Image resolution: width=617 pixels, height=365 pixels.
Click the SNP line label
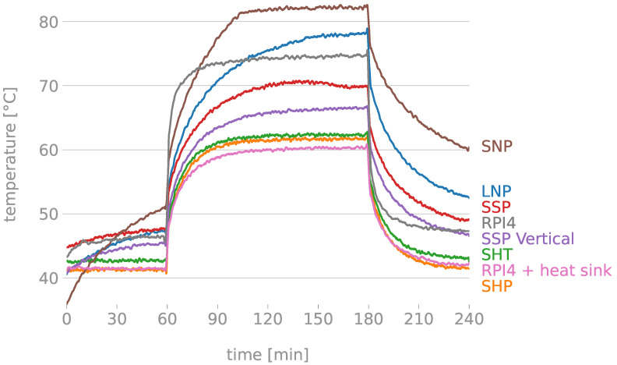[x=496, y=146]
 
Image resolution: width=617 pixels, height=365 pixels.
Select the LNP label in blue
[x=496, y=191]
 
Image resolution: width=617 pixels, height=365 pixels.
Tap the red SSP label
[x=496, y=207]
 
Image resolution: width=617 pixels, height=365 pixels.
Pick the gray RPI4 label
[x=499, y=223]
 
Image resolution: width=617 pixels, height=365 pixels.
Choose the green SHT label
[x=496, y=254]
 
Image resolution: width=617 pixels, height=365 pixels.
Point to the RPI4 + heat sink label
[x=546, y=271]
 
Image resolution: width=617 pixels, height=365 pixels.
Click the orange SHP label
[x=496, y=286]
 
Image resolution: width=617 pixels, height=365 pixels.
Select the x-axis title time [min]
[x=267, y=355]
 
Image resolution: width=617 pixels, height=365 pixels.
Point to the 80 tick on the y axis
[x=49, y=22]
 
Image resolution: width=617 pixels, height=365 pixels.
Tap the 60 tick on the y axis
[x=49, y=150]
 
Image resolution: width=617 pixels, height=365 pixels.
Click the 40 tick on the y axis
[x=49, y=278]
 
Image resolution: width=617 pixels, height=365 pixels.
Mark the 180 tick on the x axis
[x=368, y=319]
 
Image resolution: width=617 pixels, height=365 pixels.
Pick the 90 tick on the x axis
[x=217, y=319]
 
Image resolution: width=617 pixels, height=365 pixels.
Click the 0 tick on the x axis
[x=66, y=319]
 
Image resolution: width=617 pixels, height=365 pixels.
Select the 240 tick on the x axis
[x=468, y=319]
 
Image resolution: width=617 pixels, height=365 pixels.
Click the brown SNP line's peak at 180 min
[x=367, y=6]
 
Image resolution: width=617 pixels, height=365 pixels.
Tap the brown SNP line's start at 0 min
[x=67, y=303]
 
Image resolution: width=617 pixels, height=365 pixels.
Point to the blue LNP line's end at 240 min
[x=468, y=197]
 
